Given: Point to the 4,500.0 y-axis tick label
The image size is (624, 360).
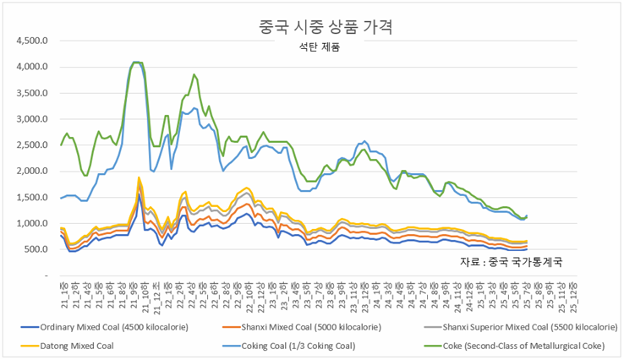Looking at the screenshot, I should [x=34, y=41].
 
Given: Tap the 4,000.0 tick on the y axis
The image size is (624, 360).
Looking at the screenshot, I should [x=34, y=67].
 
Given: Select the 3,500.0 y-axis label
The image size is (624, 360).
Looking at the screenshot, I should [x=34, y=93].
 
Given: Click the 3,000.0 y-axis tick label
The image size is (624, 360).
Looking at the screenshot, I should [x=34, y=119].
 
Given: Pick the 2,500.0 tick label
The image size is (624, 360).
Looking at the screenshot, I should [x=34, y=145].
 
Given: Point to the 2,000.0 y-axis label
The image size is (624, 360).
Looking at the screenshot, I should [x=34, y=172].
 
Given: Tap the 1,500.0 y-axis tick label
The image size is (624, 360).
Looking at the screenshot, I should [x=34, y=198].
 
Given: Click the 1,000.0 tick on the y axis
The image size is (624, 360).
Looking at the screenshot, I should [x=34, y=224].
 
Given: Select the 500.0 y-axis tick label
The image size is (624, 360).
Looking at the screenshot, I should [x=37, y=250].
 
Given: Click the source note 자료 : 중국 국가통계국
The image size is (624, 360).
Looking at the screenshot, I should [x=512, y=262].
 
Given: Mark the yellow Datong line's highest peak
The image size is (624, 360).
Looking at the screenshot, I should [x=139, y=178].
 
